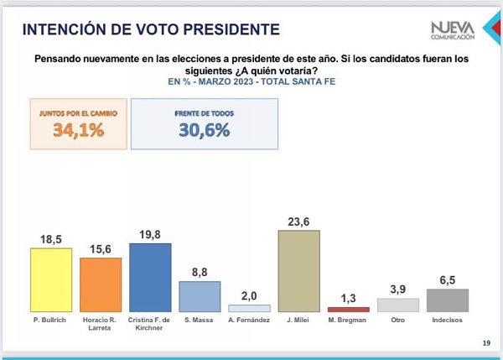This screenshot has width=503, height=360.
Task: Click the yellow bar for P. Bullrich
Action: point(51,279)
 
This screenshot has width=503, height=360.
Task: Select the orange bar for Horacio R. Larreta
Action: point(101,284)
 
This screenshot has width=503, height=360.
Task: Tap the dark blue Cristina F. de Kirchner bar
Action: point(150,278)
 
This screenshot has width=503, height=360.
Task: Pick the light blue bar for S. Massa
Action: point(200,297)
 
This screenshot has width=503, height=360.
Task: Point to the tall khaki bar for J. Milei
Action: point(299,271)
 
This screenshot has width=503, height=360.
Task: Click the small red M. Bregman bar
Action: point(349,310)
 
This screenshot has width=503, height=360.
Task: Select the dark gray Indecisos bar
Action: point(448,300)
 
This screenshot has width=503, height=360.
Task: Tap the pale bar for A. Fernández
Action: point(249,308)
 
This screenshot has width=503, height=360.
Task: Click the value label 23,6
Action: point(298,222)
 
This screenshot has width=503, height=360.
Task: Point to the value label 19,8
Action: point(150,235)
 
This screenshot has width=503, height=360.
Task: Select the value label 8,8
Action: point(200,273)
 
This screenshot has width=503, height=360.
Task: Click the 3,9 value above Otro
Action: point(397,290)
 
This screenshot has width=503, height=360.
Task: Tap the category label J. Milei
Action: point(298,320)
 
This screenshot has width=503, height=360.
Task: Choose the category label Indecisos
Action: point(447,320)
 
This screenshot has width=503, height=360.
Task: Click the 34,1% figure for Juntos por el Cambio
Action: point(79,130)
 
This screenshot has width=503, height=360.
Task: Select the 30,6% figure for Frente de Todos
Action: point(205,130)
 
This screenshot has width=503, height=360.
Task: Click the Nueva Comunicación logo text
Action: point(453,31)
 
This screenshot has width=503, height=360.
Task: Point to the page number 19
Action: point(486,343)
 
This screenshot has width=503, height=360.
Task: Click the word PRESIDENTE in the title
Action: point(231,29)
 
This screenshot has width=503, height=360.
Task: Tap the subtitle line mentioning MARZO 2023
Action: point(251,81)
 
